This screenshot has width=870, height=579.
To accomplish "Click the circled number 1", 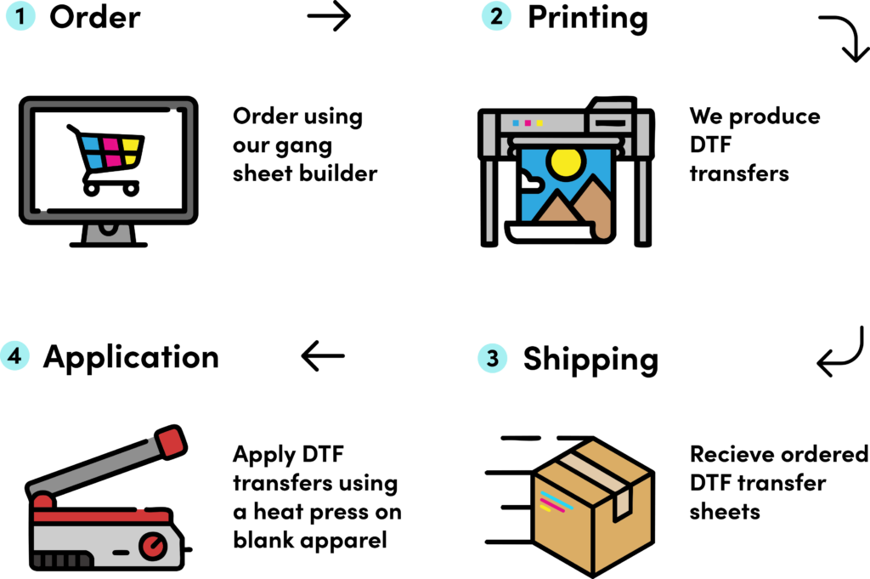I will (21, 16).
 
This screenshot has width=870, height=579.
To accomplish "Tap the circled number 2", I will (496, 16).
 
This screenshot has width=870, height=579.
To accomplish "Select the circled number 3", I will (492, 358).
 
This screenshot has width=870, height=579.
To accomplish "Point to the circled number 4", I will (14, 355).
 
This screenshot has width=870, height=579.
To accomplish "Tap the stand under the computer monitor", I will (109, 230).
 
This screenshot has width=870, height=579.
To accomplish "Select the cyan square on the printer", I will (516, 123).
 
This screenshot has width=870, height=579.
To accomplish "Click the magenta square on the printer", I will (528, 123).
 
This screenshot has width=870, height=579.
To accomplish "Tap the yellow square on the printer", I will (540, 123).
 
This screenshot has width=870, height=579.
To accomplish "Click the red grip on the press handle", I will (171, 441).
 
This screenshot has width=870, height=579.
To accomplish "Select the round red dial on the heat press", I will (154, 546).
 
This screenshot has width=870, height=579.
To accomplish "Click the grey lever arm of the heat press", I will (93, 467).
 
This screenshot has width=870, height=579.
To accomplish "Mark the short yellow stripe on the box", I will (546, 510).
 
